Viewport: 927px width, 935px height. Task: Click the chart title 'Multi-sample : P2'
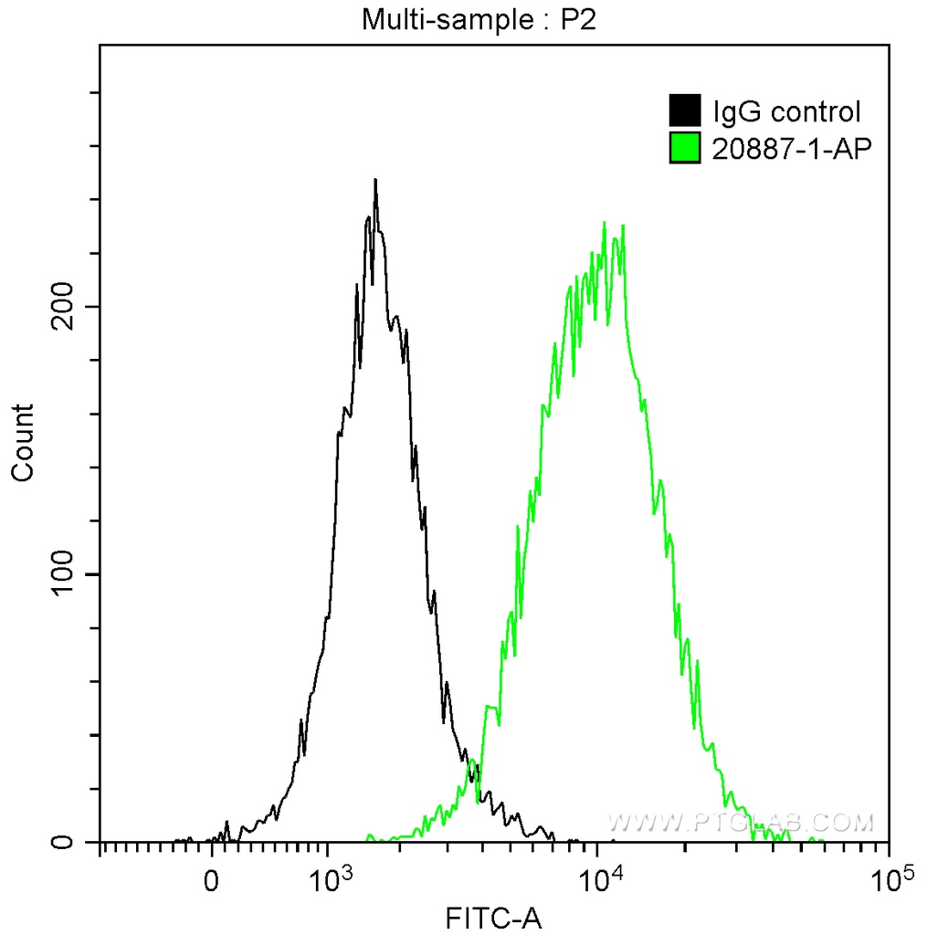[479, 19]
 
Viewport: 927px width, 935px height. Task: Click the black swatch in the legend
[684, 111]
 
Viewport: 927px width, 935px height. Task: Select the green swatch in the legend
[684, 148]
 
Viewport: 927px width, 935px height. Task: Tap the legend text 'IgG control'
[786, 112]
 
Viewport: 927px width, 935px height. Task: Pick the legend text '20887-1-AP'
[787, 148]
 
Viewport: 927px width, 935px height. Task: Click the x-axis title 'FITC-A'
[493, 917]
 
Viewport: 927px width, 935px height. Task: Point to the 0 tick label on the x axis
[212, 880]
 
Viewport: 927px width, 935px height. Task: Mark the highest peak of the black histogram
[374, 181]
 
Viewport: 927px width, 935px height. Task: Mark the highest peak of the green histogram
[604, 223]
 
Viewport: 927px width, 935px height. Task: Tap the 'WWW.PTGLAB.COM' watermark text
[741, 823]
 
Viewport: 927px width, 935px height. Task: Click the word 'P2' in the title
[578, 19]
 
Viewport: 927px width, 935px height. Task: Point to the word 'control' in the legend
[815, 112]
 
